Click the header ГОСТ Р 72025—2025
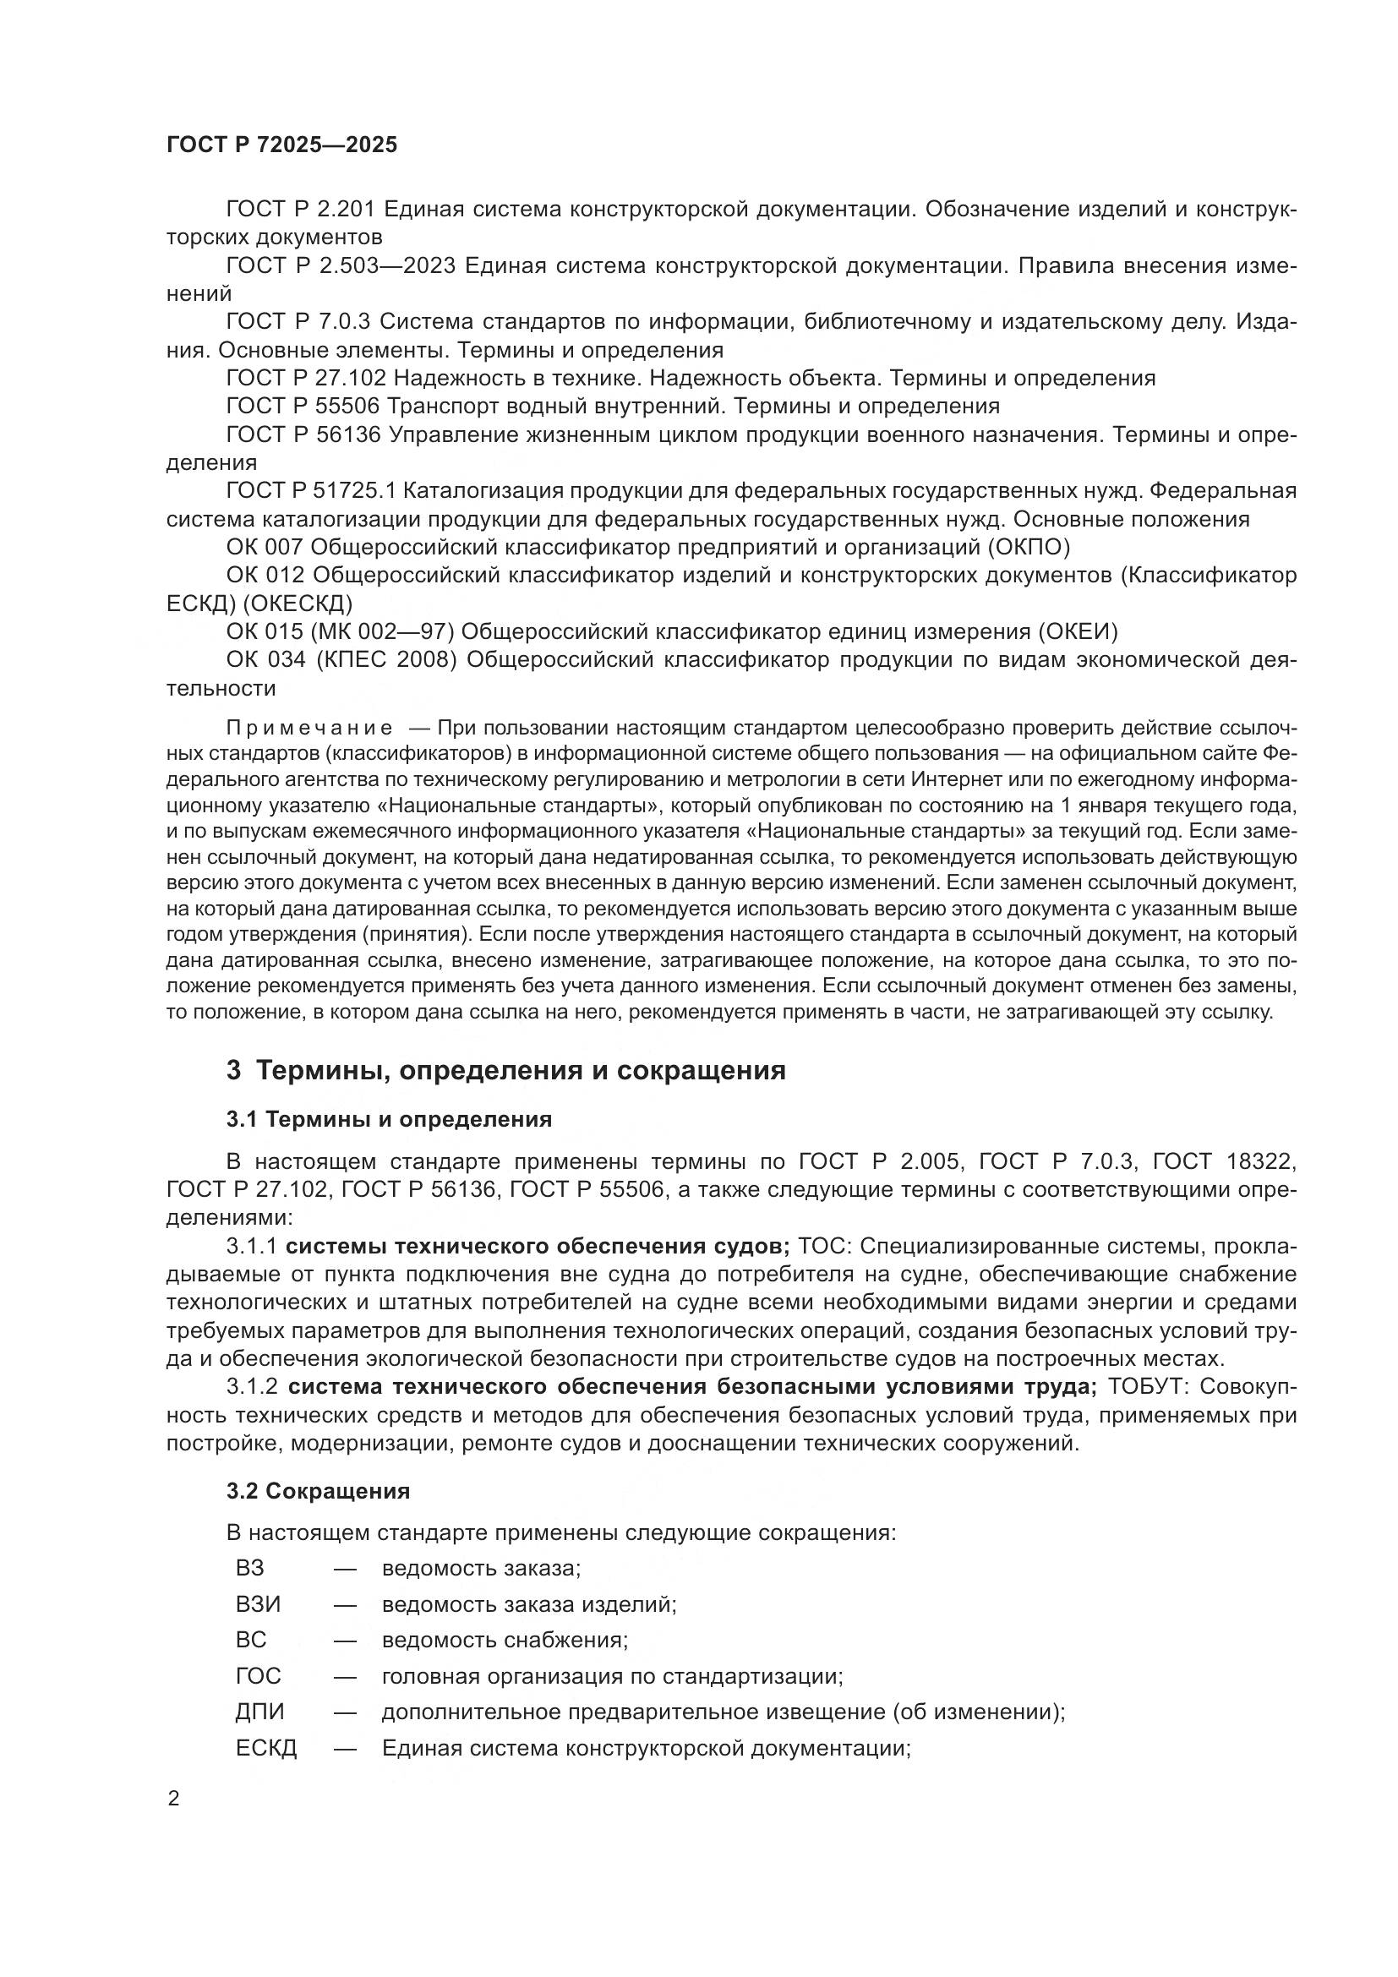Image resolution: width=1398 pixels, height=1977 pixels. point(281,145)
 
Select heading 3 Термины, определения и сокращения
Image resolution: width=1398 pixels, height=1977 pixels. point(506,1070)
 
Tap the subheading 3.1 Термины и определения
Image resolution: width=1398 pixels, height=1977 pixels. point(389,1119)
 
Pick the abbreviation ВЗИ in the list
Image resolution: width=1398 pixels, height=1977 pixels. point(259,1604)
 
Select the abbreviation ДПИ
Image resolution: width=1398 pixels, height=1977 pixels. point(260,1712)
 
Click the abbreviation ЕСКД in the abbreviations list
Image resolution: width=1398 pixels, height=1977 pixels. point(266,1748)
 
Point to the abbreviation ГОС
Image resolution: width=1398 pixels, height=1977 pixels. point(259,1675)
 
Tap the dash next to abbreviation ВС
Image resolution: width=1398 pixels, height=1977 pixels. point(345,1641)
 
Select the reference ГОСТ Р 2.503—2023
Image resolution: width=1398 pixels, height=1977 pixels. point(341,266)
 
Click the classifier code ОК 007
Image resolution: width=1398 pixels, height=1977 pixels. point(265,548)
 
